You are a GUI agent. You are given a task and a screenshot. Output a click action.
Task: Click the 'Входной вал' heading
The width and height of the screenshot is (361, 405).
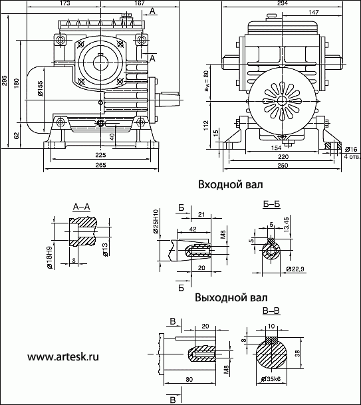point(230,185)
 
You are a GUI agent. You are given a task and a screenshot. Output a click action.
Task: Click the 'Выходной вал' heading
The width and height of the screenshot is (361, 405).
point(231,297)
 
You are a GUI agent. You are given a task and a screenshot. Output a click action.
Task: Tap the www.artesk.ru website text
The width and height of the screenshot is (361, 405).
point(63,357)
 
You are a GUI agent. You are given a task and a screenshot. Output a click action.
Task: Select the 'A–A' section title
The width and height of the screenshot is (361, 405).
point(81,207)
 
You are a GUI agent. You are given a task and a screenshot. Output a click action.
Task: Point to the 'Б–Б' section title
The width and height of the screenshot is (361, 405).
point(272,204)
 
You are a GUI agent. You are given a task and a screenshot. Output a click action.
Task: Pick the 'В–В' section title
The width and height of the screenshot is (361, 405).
point(271,311)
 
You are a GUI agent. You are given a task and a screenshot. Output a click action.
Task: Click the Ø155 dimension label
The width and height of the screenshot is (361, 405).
point(40,88)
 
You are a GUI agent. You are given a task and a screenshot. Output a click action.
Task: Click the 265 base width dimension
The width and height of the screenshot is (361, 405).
point(100,165)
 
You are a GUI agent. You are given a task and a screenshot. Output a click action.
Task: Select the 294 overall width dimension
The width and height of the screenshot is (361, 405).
point(283,3)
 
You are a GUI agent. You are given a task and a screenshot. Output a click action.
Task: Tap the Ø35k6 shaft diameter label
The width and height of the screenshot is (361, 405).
point(271,379)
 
